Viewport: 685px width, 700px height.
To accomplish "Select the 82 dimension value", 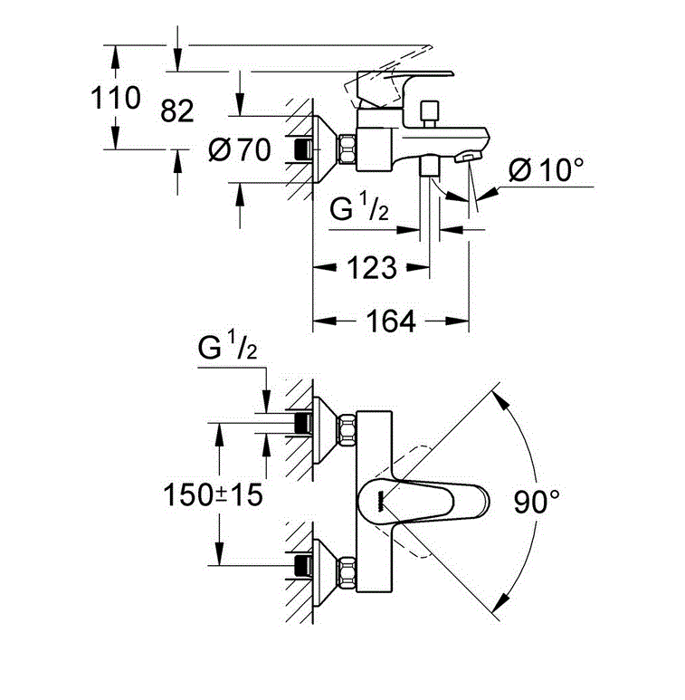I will point(177,111).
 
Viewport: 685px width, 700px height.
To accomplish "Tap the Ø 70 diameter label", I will point(239,149).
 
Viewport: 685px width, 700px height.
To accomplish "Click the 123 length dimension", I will point(372,267).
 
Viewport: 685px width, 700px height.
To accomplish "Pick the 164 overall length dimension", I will point(391,321).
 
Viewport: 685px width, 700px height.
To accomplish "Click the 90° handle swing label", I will point(538,501).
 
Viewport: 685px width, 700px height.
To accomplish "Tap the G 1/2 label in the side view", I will point(359,212).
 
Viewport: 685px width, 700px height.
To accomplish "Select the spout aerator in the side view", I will point(466,159).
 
